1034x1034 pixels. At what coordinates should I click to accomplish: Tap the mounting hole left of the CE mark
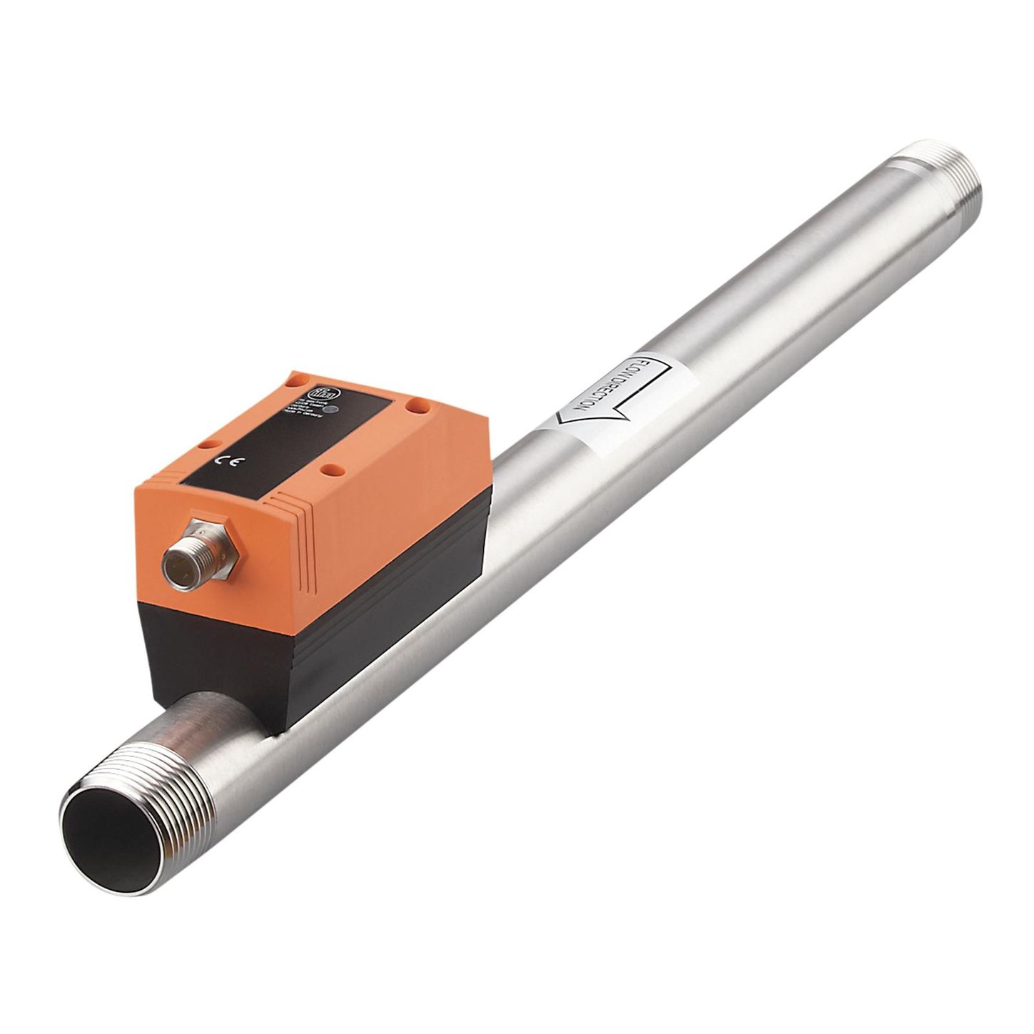coord(208,443)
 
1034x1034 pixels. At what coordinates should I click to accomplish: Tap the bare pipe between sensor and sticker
coord(514,500)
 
